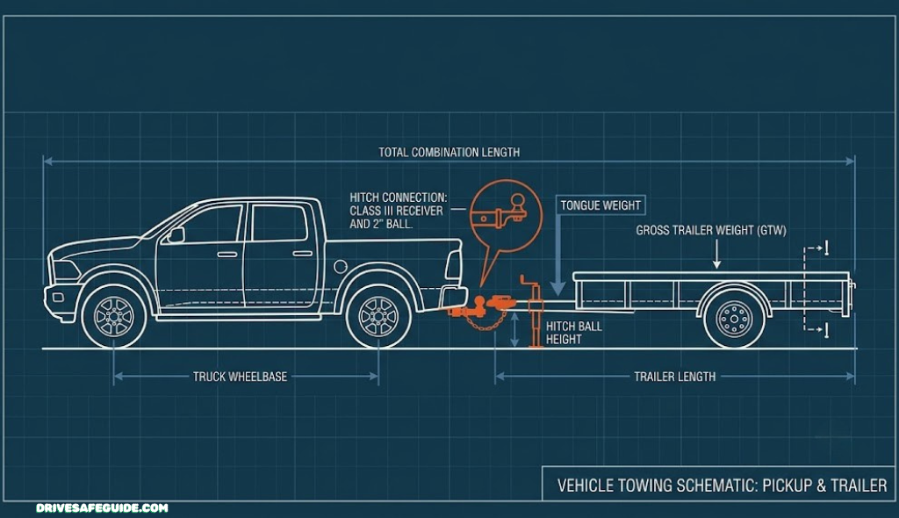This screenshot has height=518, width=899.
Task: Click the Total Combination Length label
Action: (449, 153)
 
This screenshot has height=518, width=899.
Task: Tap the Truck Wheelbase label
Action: (240, 377)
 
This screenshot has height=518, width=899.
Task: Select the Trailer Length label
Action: (675, 377)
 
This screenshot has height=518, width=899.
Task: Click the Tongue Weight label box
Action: (601, 205)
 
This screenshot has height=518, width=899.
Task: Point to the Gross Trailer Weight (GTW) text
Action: (711, 231)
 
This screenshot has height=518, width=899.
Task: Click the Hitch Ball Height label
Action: (574, 333)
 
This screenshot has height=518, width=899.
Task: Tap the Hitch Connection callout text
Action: (398, 211)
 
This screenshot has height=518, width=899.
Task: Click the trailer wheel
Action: (735, 317)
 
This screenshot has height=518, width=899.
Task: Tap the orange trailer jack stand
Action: (535, 312)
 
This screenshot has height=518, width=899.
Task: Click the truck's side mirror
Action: (176, 234)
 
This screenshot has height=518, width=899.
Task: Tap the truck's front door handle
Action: (227, 254)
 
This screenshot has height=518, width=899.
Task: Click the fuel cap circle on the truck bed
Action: (341, 266)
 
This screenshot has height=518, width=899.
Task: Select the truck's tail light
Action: (454, 265)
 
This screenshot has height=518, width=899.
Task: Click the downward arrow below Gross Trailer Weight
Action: (716, 254)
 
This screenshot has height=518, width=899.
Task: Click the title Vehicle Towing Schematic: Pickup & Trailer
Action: (722, 486)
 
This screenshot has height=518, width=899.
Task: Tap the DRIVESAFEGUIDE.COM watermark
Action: (102, 507)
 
